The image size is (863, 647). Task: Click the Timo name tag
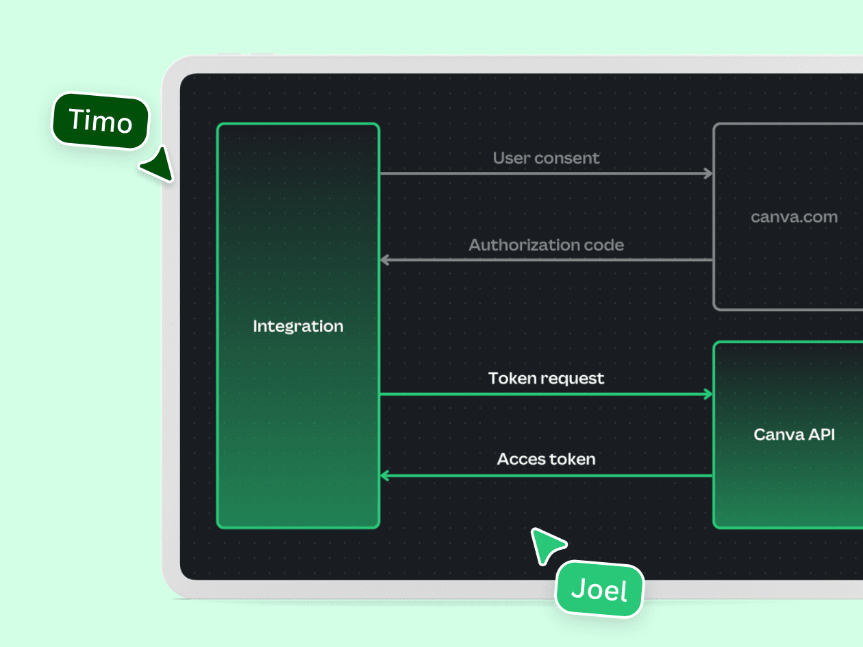(101, 121)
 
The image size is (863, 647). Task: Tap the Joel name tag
(599, 589)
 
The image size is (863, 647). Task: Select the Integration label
(298, 327)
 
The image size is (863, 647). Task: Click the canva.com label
(794, 217)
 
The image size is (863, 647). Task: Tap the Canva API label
(794, 434)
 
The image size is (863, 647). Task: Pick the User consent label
(546, 158)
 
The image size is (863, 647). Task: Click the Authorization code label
(546, 245)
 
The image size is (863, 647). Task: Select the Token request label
(546, 378)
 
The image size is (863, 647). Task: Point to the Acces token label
(546, 459)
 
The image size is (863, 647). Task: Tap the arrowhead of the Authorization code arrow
(384, 260)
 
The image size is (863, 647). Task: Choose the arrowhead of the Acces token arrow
(384, 476)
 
